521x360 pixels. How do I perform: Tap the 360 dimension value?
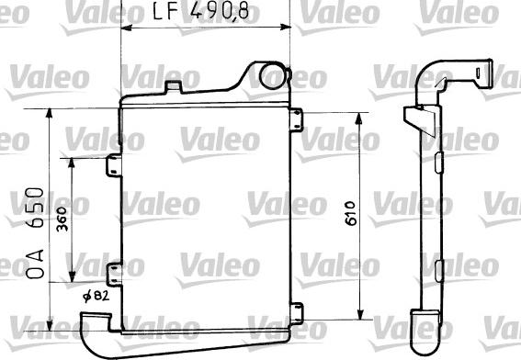[x=61, y=223]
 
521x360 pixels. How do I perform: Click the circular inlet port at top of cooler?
[x=272, y=76]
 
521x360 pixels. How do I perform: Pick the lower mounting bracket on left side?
[x=114, y=273]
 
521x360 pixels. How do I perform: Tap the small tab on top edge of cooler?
[x=173, y=87]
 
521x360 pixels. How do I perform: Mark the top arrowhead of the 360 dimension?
[x=74, y=161]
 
